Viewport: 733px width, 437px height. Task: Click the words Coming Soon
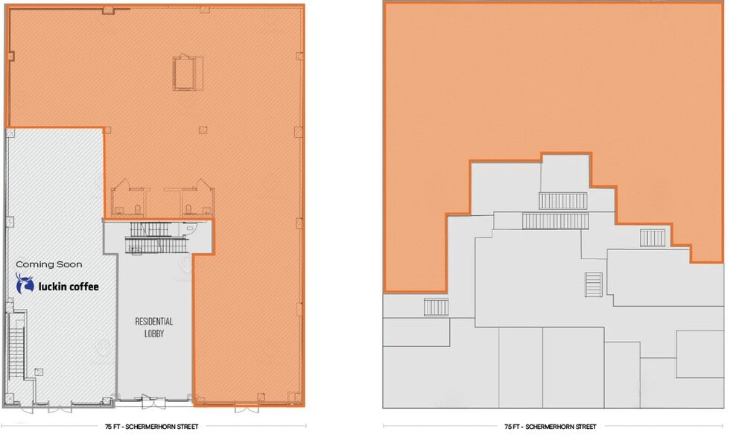(49, 264)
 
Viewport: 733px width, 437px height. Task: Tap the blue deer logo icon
(25, 284)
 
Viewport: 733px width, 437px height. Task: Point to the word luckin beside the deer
(53, 285)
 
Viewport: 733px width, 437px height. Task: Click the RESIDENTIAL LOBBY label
(154, 327)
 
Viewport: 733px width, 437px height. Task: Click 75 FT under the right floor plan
(512, 427)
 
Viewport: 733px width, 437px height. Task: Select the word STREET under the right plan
(583, 427)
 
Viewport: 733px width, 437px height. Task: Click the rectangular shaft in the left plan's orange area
(185, 72)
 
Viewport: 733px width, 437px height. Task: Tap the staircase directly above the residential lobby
(158, 239)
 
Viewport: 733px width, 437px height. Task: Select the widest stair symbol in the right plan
(556, 221)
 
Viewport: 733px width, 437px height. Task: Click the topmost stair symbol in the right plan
(563, 200)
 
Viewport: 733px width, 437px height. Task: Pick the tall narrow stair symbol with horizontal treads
(593, 284)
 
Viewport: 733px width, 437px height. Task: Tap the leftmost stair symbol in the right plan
(436, 307)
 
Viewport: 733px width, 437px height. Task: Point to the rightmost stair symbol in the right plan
(653, 237)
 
